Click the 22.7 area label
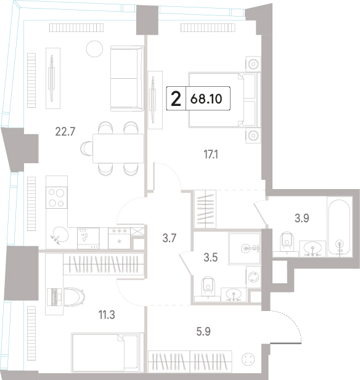click(x=65, y=132)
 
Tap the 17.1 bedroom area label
click(x=211, y=155)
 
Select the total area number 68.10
click(x=207, y=99)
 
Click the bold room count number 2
click(x=176, y=99)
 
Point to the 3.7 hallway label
click(x=170, y=238)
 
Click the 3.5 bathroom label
click(x=211, y=257)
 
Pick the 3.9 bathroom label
click(x=302, y=218)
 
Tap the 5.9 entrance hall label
click(x=203, y=331)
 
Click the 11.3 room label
click(x=107, y=315)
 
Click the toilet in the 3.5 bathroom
click(x=208, y=284)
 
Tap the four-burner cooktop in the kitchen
click(x=57, y=198)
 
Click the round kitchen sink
click(x=60, y=235)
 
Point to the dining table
click(x=118, y=148)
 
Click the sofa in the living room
click(x=127, y=78)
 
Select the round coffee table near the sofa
click(x=94, y=49)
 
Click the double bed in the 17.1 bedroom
click(x=224, y=100)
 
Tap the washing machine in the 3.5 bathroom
click(x=253, y=277)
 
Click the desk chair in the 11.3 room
click(x=75, y=297)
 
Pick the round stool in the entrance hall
click(x=248, y=359)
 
